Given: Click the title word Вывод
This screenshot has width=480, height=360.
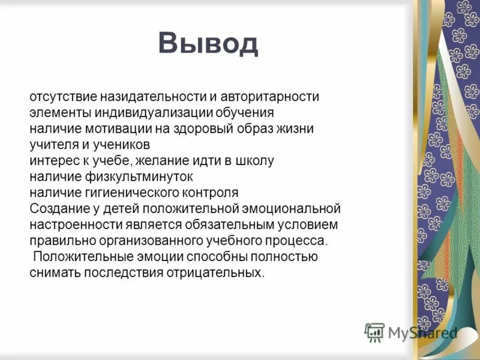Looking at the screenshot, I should [x=208, y=43].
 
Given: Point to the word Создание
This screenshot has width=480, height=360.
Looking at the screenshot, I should [x=54, y=209].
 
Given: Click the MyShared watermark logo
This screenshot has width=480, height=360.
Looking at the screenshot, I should [x=411, y=332].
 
